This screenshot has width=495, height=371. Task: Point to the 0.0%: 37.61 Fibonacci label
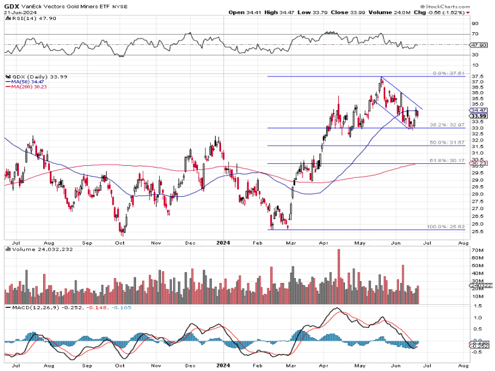tap(449, 73)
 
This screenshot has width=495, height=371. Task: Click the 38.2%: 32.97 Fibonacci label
tap(447, 124)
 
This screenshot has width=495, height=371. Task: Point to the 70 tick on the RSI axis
tap(474, 34)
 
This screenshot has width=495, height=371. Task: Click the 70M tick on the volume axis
tap(476, 250)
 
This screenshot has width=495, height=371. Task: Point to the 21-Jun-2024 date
tap(18, 12)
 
